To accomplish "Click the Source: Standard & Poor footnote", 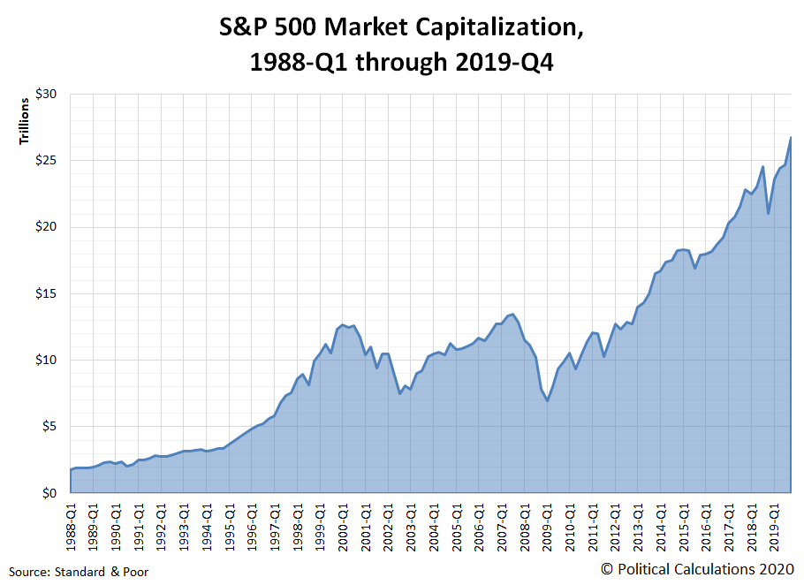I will point(80,572).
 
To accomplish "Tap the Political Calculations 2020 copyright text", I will point(697,569).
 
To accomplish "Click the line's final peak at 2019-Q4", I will point(791,137).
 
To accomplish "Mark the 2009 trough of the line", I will point(547,400).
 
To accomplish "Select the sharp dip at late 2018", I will point(769,214).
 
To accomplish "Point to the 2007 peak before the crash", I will point(513,314).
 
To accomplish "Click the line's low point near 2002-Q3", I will point(400,393).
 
